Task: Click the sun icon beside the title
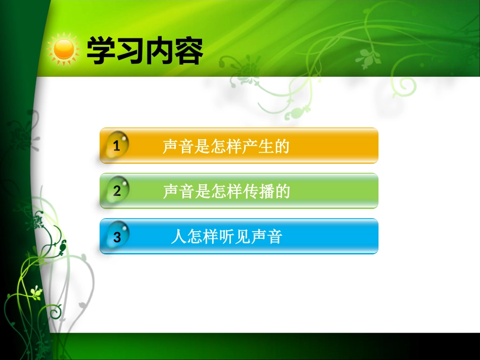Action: [64, 49]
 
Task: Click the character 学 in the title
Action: [101, 50]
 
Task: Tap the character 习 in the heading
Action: [130, 50]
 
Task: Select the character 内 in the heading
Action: [159, 50]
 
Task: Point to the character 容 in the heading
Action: [188, 50]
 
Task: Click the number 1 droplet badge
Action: [117, 145]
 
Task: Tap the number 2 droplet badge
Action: [117, 190]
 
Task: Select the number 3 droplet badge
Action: [117, 236]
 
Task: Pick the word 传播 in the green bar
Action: [258, 191]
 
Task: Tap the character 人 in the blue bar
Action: [179, 237]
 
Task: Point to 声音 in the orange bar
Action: [178, 146]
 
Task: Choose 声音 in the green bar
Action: [178, 191]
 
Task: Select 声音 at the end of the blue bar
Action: [266, 237]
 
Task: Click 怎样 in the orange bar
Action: [226, 146]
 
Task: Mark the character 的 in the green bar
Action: [282, 191]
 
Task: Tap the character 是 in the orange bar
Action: [202, 146]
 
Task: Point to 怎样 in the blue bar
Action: [203, 237]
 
